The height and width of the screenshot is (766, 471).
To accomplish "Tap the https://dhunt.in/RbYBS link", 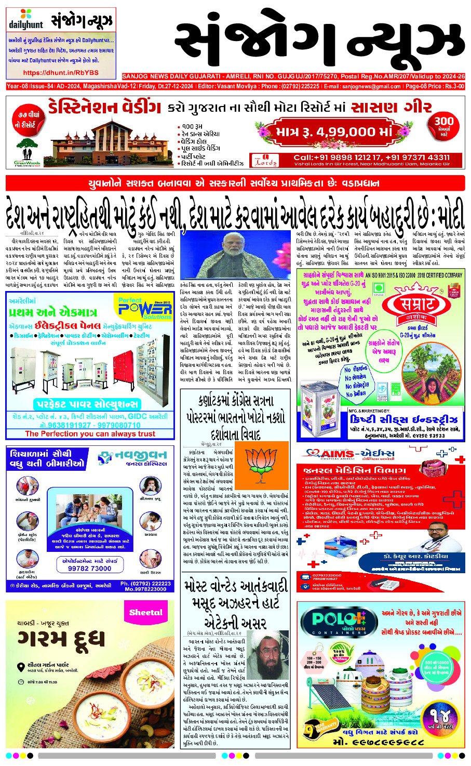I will pos(61,73).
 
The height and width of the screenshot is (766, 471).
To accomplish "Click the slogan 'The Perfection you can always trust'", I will pos(90,434).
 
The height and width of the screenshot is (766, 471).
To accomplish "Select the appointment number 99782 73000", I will pos(90,568).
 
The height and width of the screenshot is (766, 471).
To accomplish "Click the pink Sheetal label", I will pos(146,613).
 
